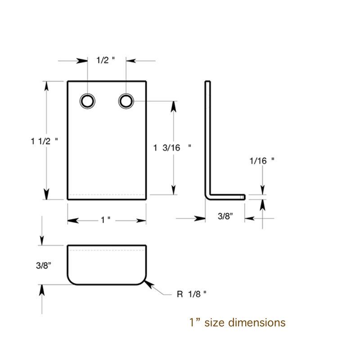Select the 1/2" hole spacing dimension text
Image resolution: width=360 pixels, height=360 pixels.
coord(105,60)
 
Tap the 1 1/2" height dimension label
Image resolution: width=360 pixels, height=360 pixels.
coord(44,141)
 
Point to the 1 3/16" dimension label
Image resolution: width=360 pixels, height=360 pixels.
coord(172,148)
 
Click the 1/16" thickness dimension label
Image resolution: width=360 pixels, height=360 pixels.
coord(262,161)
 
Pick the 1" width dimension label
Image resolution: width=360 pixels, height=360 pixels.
coord(106,220)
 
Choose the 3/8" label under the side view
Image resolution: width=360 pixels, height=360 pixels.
coord(225,216)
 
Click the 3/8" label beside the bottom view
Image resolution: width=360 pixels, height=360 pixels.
coord(43,265)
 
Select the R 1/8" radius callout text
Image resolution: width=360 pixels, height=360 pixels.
coord(192,294)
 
